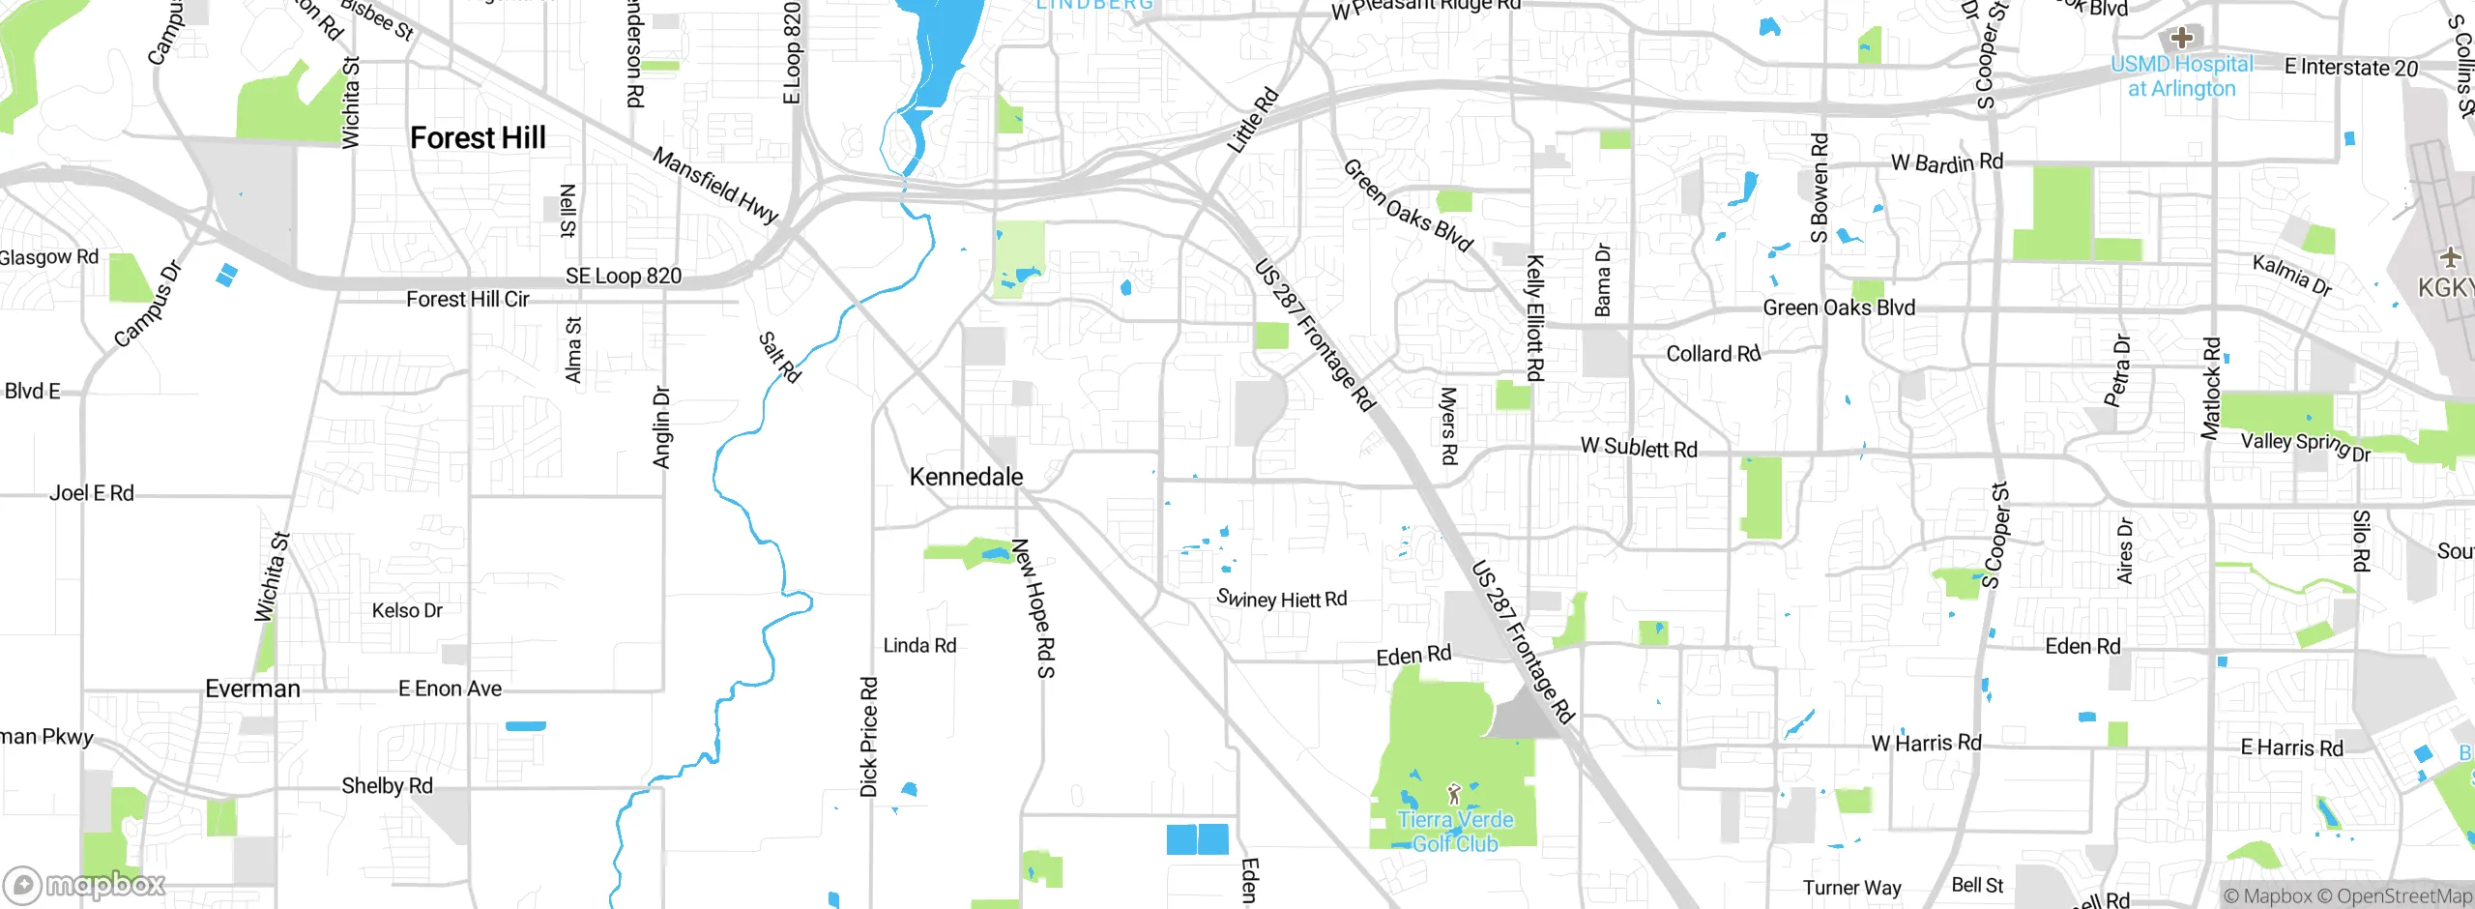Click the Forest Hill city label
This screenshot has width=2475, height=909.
click(x=478, y=138)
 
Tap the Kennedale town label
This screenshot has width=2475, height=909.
click(x=966, y=477)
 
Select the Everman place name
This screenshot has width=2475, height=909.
click(x=252, y=689)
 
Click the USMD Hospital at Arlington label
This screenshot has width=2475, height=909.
click(x=2182, y=76)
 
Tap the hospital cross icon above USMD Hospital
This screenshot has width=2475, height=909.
click(x=2181, y=38)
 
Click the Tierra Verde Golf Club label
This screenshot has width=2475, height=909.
click(x=1455, y=832)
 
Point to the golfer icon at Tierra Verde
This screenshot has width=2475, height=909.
click(x=1454, y=795)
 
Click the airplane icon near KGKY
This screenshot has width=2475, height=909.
click(x=2449, y=257)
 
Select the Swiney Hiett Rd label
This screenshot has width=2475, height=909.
click(x=1281, y=600)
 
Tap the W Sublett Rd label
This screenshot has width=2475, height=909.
click(x=1639, y=448)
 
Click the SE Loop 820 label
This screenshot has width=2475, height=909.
click(x=624, y=277)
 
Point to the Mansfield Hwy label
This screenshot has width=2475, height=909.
click(x=714, y=185)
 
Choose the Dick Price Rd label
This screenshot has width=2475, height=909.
click(x=868, y=737)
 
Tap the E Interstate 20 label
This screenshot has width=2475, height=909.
click(x=2350, y=68)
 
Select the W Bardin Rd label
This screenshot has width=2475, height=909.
click(x=1946, y=162)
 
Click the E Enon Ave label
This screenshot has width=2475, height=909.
click(x=450, y=689)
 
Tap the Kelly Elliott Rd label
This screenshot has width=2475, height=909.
click(x=1534, y=317)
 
